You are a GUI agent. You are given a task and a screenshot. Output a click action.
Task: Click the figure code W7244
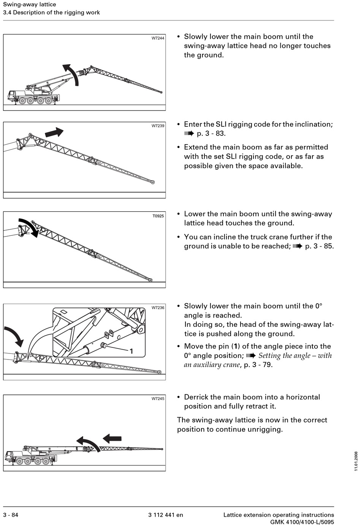(x=158, y=38)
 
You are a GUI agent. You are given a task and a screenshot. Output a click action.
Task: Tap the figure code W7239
(x=158, y=126)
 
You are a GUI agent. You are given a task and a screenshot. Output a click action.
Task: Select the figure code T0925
(x=158, y=216)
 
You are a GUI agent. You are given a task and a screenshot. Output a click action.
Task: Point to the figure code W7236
(x=158, y=308)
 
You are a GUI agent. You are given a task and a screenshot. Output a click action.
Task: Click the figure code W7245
(x=158, y=399)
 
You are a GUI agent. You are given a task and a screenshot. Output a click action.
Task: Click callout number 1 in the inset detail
(x=131, y=351)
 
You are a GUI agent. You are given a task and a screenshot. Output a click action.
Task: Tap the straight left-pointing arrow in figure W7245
(x=112, y=438)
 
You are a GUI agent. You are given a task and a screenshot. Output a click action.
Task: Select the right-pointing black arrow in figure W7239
(x=54, y=133)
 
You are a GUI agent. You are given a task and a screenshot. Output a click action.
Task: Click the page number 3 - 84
(x=11, y=515)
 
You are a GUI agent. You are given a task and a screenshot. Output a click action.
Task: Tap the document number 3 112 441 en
(x=165, y=515)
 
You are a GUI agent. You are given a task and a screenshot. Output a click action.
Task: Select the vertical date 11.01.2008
(x=356, y=461)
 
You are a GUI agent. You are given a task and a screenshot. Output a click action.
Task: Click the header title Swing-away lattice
(x=30, y=5)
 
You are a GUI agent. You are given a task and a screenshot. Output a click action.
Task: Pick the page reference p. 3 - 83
(x=211, y=134)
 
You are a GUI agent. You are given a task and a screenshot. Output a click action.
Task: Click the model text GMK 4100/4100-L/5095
(x=302, y=522)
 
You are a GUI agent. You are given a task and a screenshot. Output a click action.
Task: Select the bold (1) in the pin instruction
(x=236, y=346)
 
